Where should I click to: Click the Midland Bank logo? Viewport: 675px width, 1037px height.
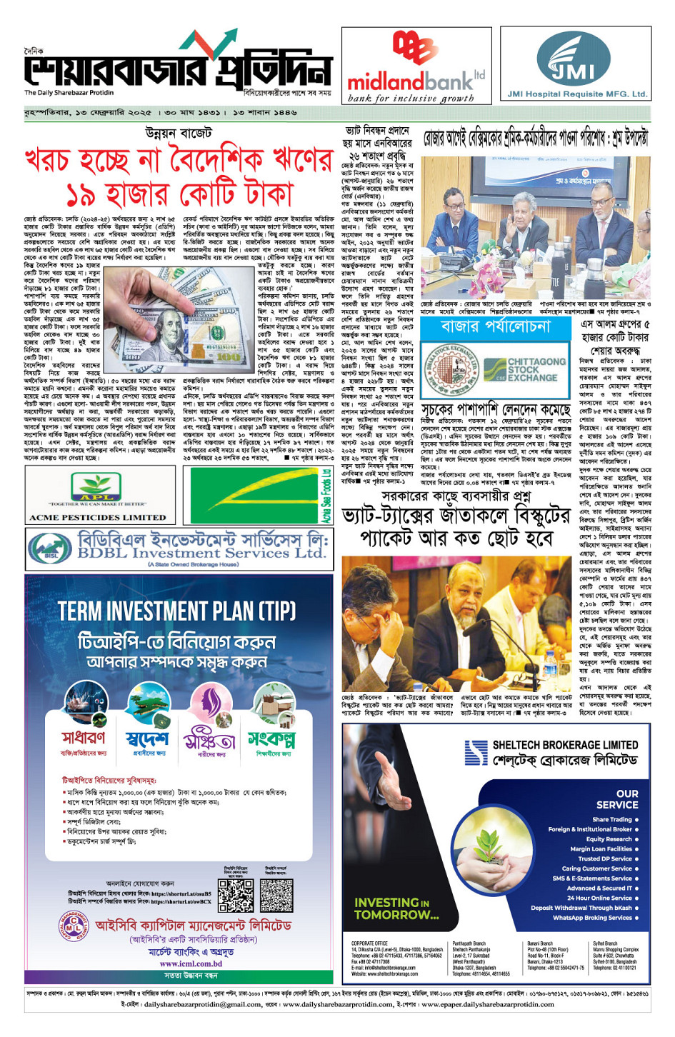point(416,66)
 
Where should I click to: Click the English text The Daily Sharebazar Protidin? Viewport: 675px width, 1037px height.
point(69,93)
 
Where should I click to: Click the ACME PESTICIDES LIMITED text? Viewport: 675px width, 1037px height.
point(97,517)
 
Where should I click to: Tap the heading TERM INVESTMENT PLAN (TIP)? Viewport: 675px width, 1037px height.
point(176,611)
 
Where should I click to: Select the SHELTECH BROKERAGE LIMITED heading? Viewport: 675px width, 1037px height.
point(564,745)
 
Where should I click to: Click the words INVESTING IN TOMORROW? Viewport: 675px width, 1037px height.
point(396,908)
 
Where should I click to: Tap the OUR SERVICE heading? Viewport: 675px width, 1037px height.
point(626,799)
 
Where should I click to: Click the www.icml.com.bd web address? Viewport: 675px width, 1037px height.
point(190,963)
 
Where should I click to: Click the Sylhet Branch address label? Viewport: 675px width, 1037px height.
point(605,943)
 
